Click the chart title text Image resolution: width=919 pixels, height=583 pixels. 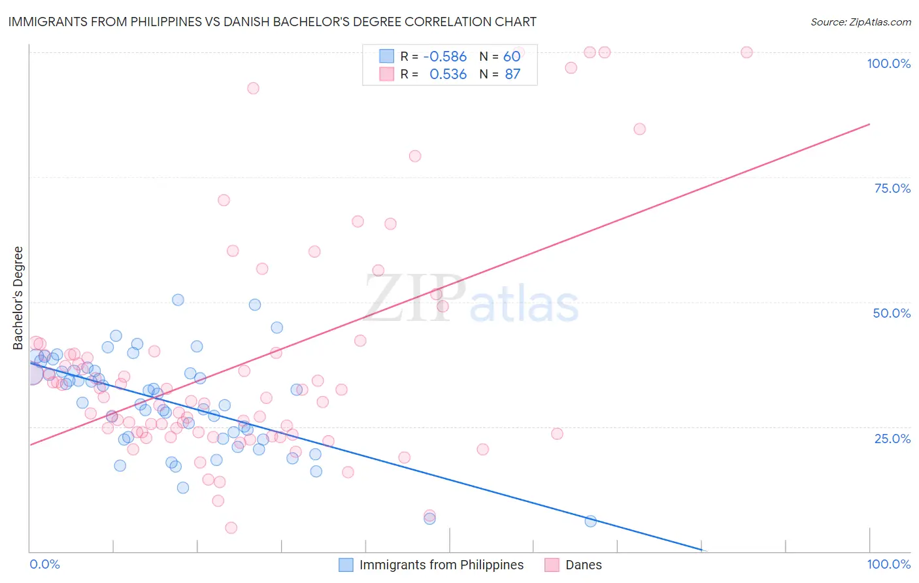(272, 22)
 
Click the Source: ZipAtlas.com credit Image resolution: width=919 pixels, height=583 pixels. (860, 22)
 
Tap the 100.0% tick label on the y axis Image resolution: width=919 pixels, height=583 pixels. (888, 63)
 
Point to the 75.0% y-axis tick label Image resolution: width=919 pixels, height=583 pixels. (892, 188)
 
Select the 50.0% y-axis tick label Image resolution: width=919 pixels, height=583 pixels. (892, 313)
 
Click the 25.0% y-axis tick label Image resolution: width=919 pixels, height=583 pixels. (892, 439)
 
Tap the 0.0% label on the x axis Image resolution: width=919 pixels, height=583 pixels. (44, 564)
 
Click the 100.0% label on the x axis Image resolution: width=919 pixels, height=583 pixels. (888, 564)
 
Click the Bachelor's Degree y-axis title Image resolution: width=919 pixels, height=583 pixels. (18, 298)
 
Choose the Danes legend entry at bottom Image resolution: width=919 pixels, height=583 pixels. (583, 565)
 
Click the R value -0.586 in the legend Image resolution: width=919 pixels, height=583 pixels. (444, 57)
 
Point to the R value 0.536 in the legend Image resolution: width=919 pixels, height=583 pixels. (448, 75)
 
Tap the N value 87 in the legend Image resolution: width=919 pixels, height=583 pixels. (512, 75)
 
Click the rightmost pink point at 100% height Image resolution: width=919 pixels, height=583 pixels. (746, 52)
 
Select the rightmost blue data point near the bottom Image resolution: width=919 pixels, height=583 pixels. (590, 521)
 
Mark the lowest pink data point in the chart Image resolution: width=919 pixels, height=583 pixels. (231, 527)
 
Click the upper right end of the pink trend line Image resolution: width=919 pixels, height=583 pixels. (869, 124)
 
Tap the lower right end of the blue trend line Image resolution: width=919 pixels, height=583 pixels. (702, 550)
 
